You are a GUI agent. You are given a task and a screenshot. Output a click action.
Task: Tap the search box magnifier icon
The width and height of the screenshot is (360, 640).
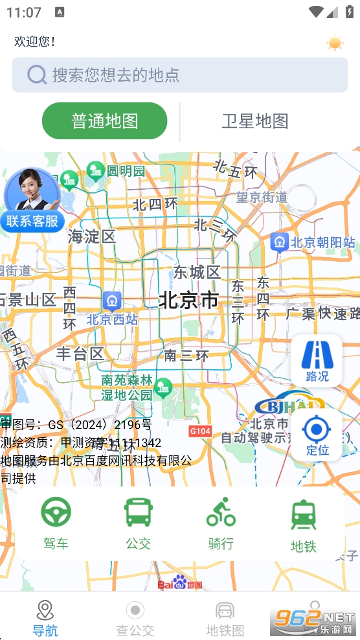[x=36, y=74]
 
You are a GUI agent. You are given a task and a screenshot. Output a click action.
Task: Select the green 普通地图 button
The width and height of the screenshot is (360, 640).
[x=105, y=121]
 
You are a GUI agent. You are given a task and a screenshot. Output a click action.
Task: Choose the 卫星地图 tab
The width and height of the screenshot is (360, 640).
[x=254, y=121]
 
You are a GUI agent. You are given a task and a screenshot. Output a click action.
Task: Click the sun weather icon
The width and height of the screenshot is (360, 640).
[x=335, y=43]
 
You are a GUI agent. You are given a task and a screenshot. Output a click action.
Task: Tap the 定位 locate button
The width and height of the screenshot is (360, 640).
[x=317, y=434]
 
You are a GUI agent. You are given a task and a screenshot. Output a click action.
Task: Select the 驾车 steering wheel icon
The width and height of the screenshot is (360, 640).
[x=56, y=512]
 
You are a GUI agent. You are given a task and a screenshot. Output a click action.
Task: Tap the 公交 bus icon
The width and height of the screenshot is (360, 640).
[x=138, y=512]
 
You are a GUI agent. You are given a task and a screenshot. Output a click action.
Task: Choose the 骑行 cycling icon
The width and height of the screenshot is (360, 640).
[x=221, y=512]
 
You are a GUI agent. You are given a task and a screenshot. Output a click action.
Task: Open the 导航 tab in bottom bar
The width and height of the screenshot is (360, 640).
[x=45, y=618]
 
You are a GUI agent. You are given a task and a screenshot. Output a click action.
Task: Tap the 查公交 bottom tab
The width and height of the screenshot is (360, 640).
[x=135, y=618]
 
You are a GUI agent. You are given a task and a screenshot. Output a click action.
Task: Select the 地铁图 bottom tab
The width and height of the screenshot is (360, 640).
[x=225, y=618]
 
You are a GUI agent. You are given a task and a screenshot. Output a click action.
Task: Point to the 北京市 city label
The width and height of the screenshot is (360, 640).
[x=189, y=300]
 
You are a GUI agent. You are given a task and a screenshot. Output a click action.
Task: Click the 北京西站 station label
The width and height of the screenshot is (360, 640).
[x=113, y=319]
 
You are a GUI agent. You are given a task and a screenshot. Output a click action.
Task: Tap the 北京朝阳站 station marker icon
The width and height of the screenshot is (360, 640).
[x=280, y=242]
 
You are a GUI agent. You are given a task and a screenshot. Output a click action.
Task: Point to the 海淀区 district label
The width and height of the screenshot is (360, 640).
[x=92, y=236]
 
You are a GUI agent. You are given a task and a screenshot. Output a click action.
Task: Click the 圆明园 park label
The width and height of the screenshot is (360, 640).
[x=126, y=171]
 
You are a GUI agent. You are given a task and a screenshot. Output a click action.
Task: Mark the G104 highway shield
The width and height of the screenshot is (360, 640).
[x=200, y=431]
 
